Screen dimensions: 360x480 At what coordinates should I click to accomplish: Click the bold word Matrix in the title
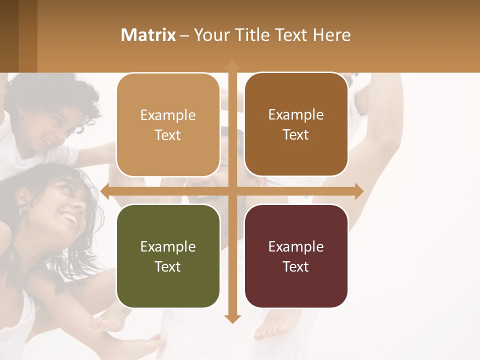tap(148, 35)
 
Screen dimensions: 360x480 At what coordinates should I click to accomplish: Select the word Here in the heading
tap(331, 35)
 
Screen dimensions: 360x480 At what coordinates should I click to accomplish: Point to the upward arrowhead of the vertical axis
tap(232, 65)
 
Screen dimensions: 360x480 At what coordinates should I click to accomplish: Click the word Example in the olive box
tap(168, 246)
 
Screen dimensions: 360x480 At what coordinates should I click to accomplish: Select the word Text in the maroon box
tap(296, 266)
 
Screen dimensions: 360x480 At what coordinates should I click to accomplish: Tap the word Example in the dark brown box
tap(296, 114)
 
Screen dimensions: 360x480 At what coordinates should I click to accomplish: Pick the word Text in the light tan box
tap(168, 135)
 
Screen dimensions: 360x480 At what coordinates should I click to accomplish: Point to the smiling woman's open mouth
tap(69, 219)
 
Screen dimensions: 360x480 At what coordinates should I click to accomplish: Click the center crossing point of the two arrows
tap(232, 191)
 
